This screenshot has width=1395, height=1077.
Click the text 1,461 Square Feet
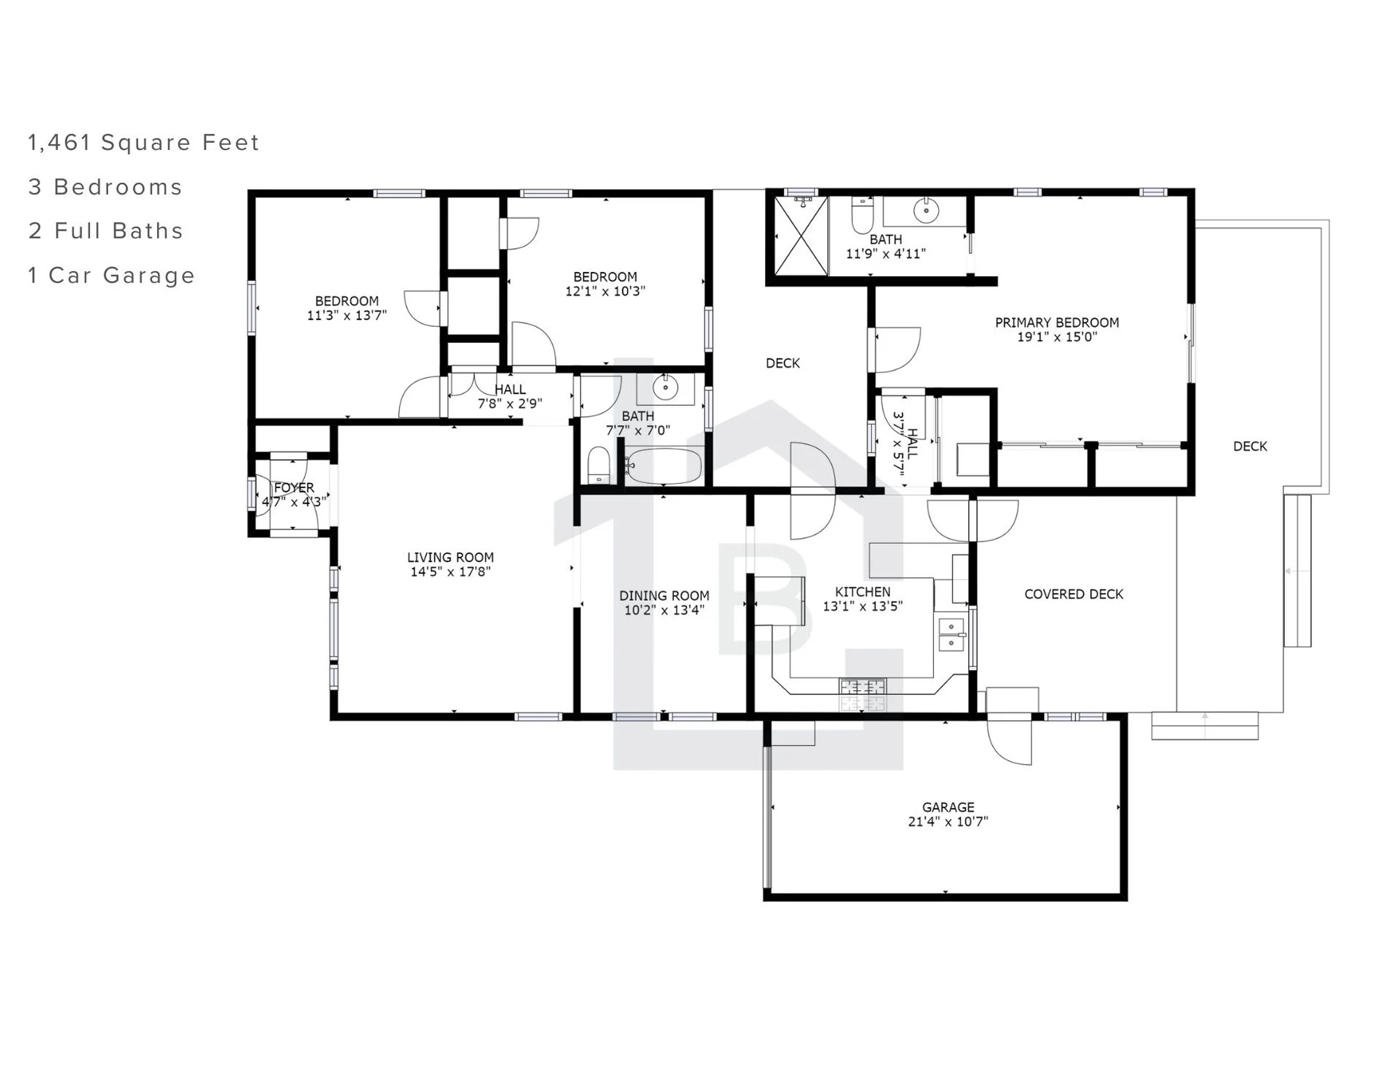144,142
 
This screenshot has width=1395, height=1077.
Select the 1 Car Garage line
112,275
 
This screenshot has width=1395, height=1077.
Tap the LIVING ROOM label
451,557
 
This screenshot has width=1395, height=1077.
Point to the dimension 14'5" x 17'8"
451,572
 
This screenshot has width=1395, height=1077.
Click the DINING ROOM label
664,595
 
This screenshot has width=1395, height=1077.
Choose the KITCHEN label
863,592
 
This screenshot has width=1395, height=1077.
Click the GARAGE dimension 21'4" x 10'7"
948,821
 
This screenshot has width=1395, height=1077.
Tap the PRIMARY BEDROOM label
1057,322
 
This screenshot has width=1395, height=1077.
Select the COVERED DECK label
1073,594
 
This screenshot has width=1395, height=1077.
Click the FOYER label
294,487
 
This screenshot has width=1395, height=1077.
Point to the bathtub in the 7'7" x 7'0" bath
663,466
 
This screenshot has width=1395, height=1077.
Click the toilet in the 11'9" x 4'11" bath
863,217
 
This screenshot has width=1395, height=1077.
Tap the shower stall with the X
801,236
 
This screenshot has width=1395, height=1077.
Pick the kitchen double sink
951,634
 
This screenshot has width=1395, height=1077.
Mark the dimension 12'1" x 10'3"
605,291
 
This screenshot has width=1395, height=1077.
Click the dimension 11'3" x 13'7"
347,315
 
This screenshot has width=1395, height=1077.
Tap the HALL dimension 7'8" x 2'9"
510,404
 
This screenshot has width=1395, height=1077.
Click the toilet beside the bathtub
598,465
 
